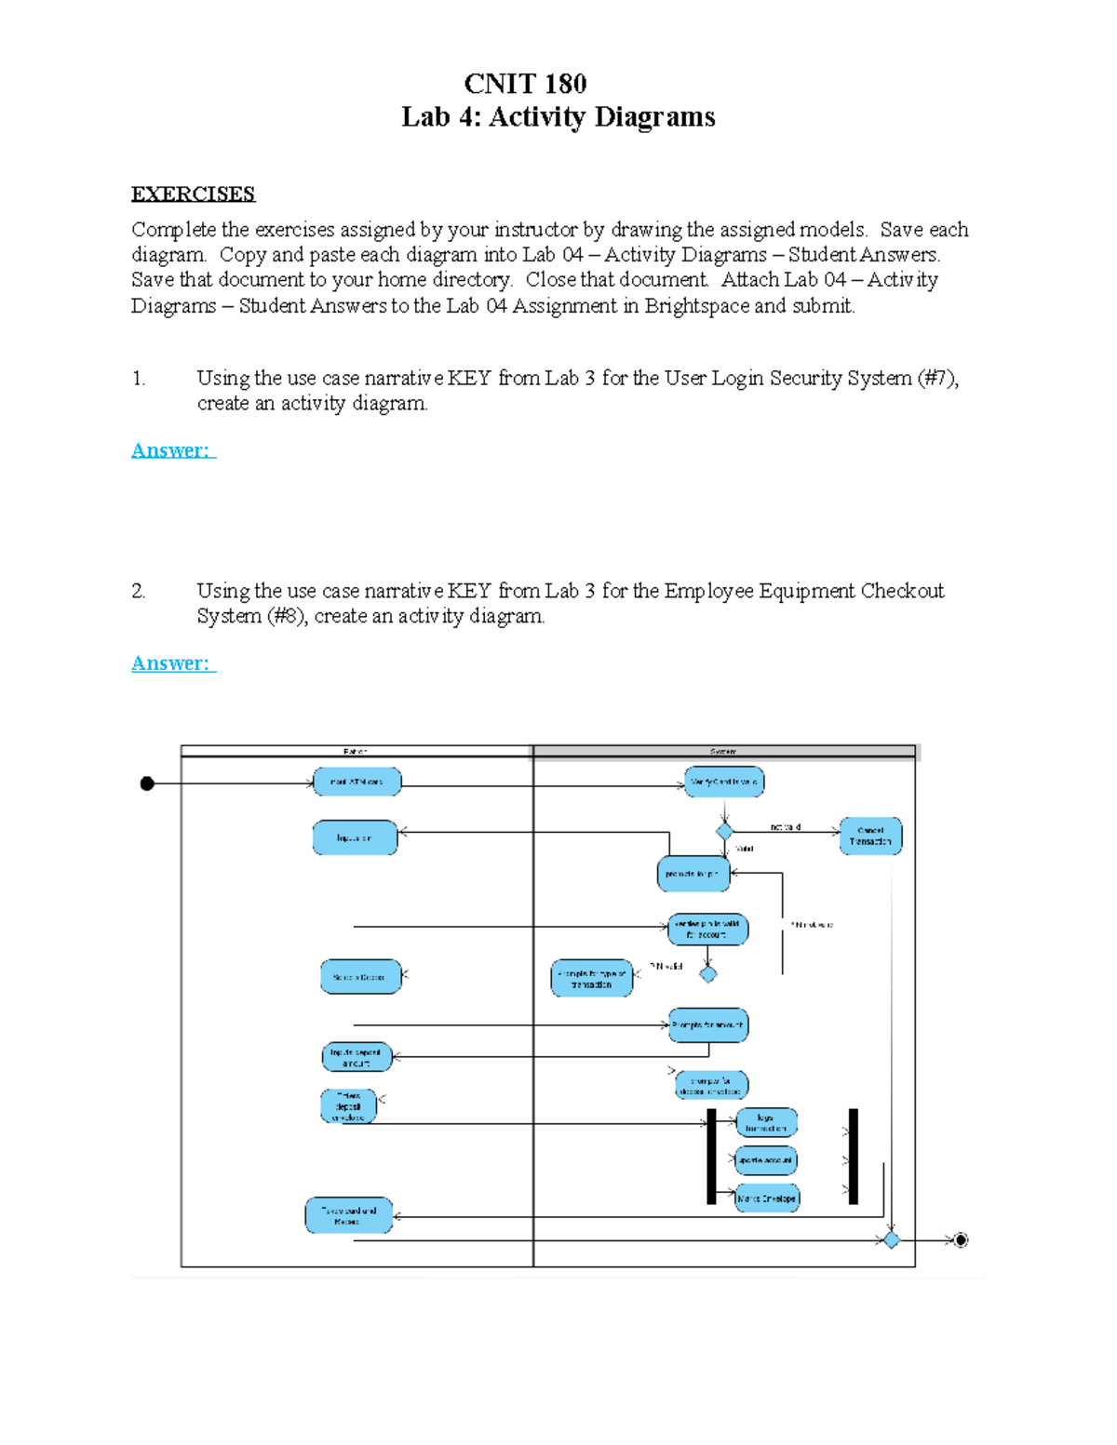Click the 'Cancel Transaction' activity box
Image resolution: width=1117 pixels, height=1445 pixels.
[x=870, y=836]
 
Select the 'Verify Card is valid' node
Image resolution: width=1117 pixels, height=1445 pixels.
[x=724, y=782]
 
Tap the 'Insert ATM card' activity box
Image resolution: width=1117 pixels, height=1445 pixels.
[x=357, y=782]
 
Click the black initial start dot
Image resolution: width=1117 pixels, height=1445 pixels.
[x=147, y=783]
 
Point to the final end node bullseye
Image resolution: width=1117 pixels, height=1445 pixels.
[x=961, y=1239]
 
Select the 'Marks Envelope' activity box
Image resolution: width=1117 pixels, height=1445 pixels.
[x=767, y=1198]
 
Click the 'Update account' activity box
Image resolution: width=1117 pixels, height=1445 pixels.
[x=765, y=1160]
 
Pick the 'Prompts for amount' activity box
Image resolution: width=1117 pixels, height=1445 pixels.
[x=708, y=1025]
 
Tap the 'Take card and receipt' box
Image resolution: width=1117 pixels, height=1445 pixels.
[x=349, y=1215]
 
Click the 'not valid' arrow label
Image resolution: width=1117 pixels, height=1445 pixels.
[x=786, y=827]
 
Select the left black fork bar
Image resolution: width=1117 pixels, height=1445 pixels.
[x=712, y=1156]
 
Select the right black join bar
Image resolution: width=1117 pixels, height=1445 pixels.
[x=854, y=1156]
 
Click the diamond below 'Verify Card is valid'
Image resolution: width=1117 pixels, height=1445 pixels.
[x=724, y=831]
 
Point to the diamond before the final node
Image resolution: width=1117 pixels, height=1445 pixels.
[x=892, y=1239]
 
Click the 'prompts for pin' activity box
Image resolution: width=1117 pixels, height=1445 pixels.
[x=693, y=874]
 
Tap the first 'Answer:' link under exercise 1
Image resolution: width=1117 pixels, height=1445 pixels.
[x=173, y=450]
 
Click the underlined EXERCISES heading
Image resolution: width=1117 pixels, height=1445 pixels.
[x=193, y=194]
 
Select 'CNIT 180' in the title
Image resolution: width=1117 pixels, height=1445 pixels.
[x=525, y=84]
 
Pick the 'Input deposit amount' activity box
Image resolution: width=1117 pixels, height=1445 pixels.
[x=357, y=1057]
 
